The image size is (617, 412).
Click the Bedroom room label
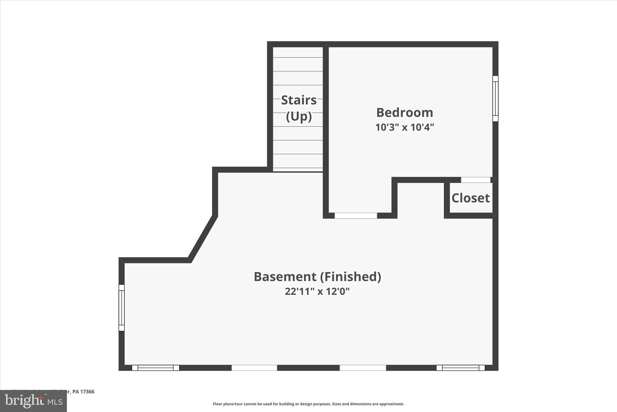tap(405, 113)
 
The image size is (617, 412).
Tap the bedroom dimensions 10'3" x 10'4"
tap(405, 127)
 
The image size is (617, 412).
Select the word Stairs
tap(299, 100)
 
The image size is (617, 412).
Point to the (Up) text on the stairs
tap(299, 117)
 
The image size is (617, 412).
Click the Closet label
tap(470, 198)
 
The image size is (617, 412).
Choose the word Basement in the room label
tap(285, 277)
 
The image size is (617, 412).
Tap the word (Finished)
tap(350, 277)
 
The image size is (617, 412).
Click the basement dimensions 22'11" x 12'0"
tap(317, 292)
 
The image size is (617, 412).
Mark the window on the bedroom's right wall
tap(495, 98)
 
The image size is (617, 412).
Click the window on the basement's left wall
tap(121, 308)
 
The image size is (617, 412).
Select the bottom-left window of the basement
tap(155, 368)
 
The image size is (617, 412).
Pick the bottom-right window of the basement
tap(460, 368)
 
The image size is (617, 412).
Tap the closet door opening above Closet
tap(476, 180)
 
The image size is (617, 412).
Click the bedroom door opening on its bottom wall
tap(356, 216)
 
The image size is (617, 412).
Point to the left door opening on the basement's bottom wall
tap(254, 368)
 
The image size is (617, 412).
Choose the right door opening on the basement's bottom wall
tap(363, 368)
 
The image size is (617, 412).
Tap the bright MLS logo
tap(33, 401)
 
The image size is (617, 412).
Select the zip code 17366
tap(87, 392)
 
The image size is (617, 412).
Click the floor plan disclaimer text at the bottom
tap(308, 404)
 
